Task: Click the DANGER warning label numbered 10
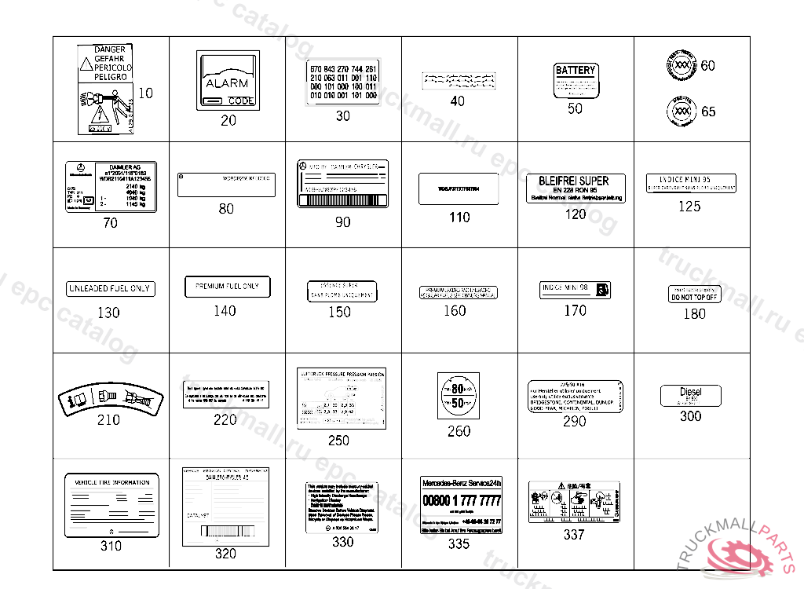click(106, 89)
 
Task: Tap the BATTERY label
click(576, 80)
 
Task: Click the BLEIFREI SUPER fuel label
click(576, 188)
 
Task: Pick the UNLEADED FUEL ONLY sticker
click(109, 288)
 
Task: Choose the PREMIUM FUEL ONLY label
click(227, 287)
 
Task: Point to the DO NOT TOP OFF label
click(693, 294)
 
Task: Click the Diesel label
click(690, 395)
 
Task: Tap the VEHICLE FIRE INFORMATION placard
click(111, 504)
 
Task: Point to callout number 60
click(708, 66)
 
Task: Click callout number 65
click(708, 112)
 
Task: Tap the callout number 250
click(338, 441)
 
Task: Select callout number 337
click(574, 535)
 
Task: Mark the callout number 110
click(459, 218)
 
